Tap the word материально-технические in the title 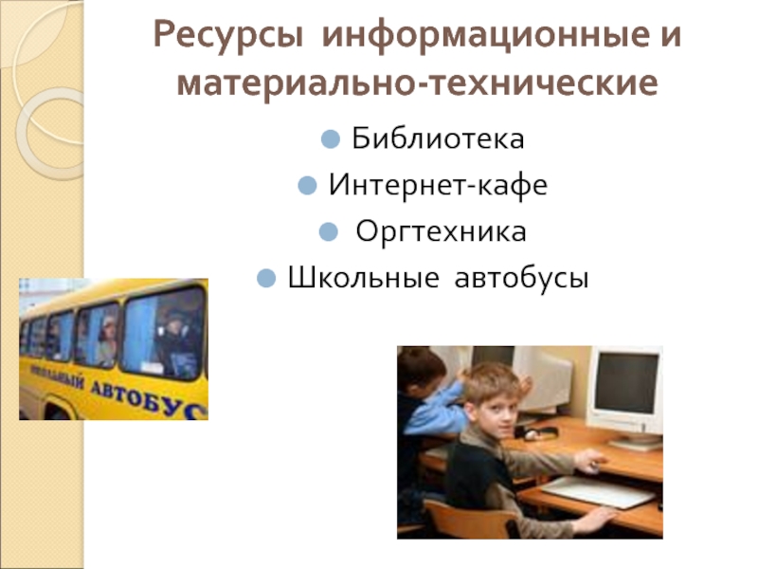417,86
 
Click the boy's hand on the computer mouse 593,464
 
